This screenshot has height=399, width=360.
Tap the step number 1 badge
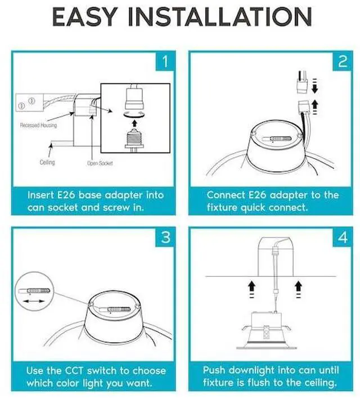pyautogui.click(x=164, y=61)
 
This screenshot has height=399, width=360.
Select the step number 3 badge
pyautogui.click(x=164, y=237)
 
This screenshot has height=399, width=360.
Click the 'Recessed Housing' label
pyautogui.click(x=38, y=125)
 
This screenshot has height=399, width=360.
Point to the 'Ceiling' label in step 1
pyautogui.click(x=47, y=162)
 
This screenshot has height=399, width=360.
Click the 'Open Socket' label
pyautogui.click(x=100, y=163)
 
